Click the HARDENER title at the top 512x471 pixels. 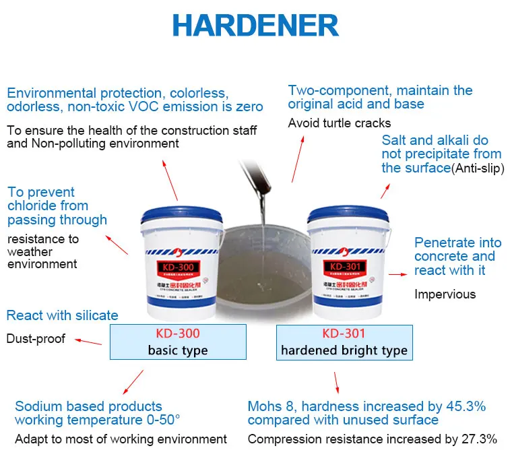[x=255, y=26]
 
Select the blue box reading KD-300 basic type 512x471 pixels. [x=178, y=341]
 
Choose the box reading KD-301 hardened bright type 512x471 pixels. [x=344, y=341]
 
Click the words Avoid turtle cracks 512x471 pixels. [x=339, y=123]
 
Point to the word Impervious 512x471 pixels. [x=445, y=294]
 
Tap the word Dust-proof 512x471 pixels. [x=36, y=338]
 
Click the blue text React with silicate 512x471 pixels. [x=62, y=315]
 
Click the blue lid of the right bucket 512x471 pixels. [x=348, y=215]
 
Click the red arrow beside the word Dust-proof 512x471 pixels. [x=88, y=341]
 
